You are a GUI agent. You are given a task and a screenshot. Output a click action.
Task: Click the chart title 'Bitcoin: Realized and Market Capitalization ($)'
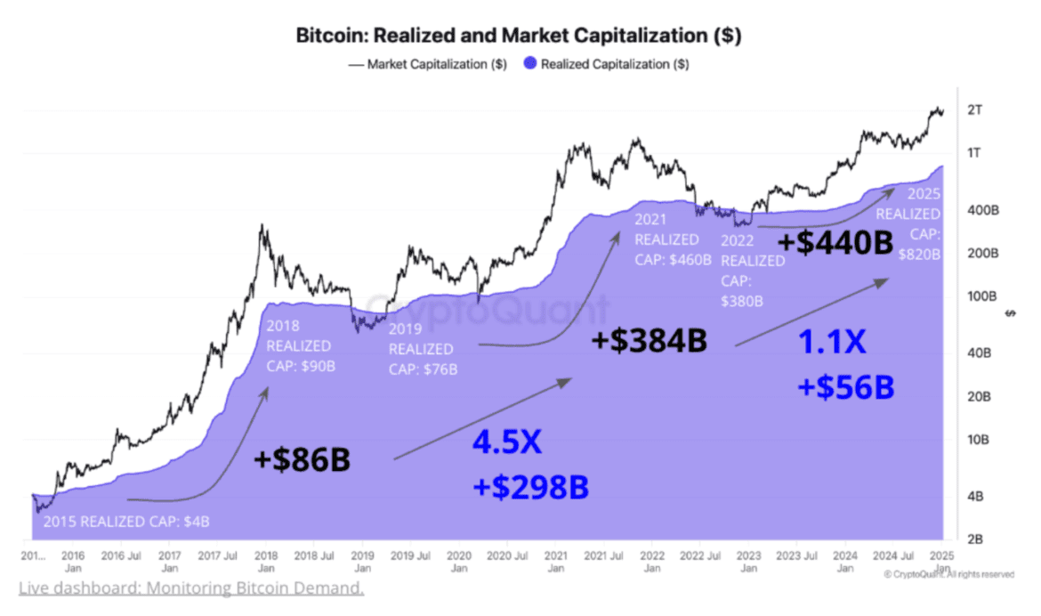click(x=518, y=36)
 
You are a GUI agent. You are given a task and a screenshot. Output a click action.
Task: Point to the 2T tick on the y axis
click(x=976, y=110)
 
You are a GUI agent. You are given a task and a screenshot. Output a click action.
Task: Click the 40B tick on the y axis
click(x=978, y=353)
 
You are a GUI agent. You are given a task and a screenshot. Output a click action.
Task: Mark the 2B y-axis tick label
click(x=975, y=539)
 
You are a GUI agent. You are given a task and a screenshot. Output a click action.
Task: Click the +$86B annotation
click(x=302, y=459)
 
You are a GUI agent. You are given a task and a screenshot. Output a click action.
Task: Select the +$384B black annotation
click(x=650, y=341)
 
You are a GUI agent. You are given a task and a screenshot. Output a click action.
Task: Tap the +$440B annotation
click(x=835, y=241)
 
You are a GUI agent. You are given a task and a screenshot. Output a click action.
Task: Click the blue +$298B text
click(x=530, y=487)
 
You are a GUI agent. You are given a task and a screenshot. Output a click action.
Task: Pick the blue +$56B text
click(x=845, y=387)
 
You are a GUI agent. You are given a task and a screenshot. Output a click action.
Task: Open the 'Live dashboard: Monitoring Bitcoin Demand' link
click(x=190, y=588)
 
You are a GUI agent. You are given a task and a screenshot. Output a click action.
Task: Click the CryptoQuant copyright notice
click(x=948, y=574)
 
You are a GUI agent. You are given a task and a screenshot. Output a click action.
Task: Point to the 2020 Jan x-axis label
click(x=457, y=561)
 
